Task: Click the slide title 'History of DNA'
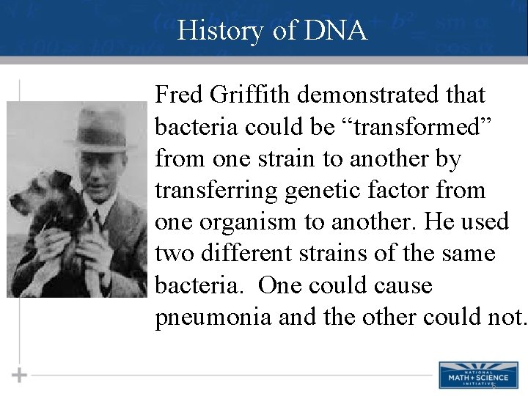tap(271, 31)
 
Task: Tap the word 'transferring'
tap(216, 191)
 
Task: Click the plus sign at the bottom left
tap(20, 375)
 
